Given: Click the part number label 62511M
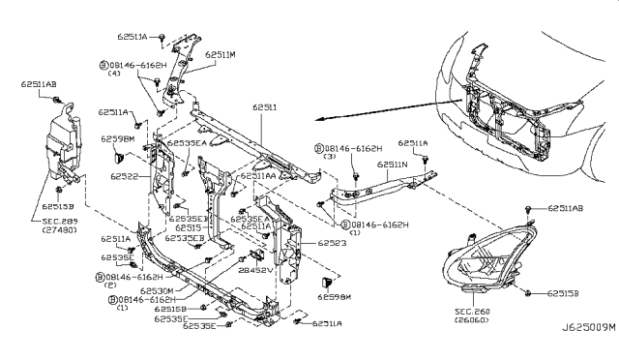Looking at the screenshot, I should [x=221, y=55].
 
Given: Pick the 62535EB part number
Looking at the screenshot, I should [x=183, y=237].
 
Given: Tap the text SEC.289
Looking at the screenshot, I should [x=58, y=222].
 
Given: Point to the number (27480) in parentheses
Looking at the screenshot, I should [x=58, y=232].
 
